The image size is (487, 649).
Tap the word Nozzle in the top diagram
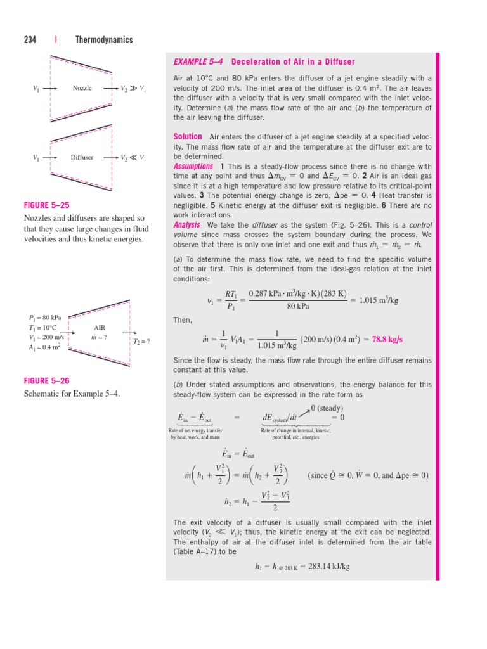[x=82, y=89]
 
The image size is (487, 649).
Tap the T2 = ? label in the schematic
[x=142, y=341]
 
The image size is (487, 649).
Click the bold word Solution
[x=188, y=137]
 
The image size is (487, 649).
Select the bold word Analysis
[x=188, y=225]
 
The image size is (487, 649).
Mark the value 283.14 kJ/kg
[x=320, y=567]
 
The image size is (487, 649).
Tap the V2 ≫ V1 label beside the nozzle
[x=133, y=89]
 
